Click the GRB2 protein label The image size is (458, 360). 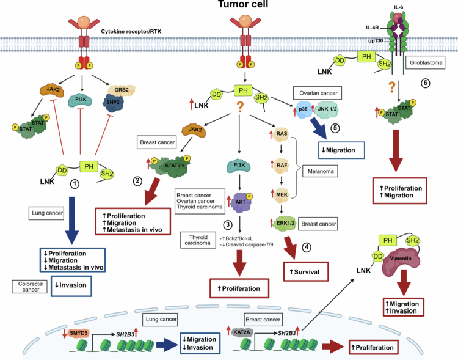coord(122,90)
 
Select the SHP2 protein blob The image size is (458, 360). coord(114,103)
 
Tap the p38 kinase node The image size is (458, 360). coord(303,109)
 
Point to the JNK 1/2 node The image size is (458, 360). coord(327,109)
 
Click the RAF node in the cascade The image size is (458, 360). coord(282,165)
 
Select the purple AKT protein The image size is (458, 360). coord(241,202)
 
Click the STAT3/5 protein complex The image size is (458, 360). coord(171,166)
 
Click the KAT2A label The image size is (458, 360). coord(242,332)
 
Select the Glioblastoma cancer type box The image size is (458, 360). coord(426,62)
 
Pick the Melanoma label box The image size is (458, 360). coord(321,171)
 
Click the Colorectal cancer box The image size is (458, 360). coord(30,287)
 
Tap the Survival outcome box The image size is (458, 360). coord(306,272)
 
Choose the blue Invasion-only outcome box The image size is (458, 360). coord(71,285)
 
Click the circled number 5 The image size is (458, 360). coord(335,128)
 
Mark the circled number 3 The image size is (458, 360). coord(228,224)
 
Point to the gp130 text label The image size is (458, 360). coord(376,41)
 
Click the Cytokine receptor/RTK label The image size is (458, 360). coord(131,31)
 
